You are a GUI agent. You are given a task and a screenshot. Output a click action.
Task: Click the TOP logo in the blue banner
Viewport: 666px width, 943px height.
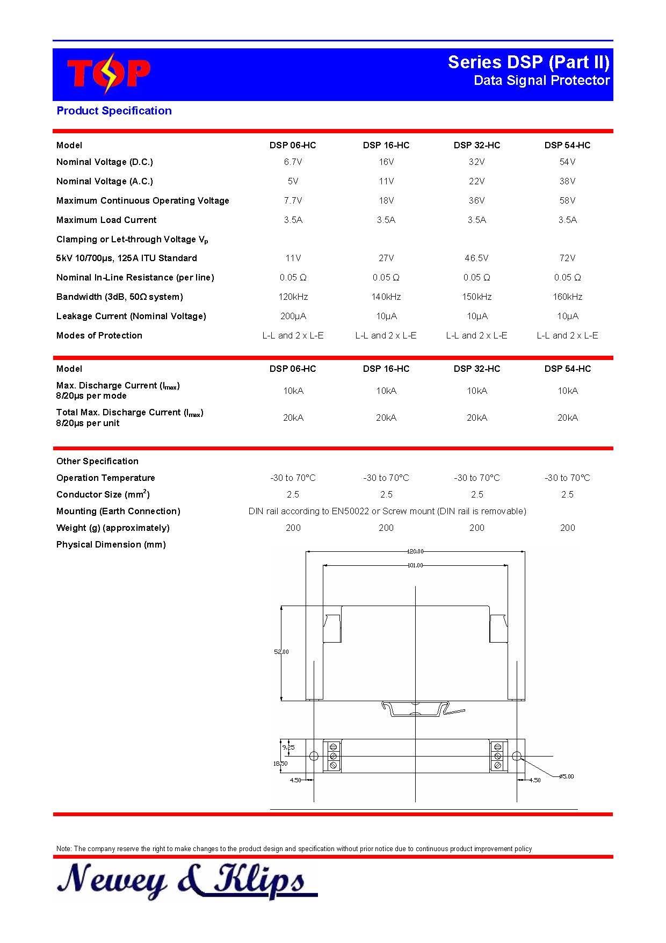pyautogui.click(x=108, y=73)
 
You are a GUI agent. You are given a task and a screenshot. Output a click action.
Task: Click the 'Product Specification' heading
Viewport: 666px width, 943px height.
pyautogui.click(x=114, y=111)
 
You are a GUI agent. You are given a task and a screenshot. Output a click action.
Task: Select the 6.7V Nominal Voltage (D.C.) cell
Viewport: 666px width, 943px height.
pyautogui.click(x=293, y=162)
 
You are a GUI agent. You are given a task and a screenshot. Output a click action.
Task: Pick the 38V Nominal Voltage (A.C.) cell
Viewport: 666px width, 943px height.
pyautogui.click(x=567, y=181)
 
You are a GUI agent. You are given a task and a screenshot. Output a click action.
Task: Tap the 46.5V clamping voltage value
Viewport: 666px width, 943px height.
pyautogui.click(x=476, y=258)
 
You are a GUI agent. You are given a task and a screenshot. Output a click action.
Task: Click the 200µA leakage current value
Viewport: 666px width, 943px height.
pyautogui.click(x=293, y=316)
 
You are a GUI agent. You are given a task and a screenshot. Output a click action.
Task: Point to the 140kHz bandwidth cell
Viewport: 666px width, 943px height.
pyautogui.click(x=386, y=297)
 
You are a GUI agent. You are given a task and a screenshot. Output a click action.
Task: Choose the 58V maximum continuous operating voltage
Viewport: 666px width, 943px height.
pyautogui.click(x=567, y=200)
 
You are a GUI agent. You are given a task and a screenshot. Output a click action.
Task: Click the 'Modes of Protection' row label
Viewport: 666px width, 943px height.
pyautogui.click(x=99, y=335)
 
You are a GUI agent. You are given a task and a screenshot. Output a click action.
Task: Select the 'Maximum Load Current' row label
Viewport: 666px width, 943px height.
pyautogui.click(x=106, y=220)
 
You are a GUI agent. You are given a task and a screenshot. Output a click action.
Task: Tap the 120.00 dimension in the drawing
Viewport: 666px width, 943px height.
pyautogui.click(x=415, y=551)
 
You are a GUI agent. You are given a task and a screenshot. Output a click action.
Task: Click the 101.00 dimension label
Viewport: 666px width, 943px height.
pyautogui.click(x=415, y=565)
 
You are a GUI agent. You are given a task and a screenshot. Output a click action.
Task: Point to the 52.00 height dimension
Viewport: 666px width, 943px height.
pyautogui.click(x=281, y=652)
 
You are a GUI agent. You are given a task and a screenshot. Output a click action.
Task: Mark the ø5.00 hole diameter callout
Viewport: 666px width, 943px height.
pyautogui.click(x=566, y=776)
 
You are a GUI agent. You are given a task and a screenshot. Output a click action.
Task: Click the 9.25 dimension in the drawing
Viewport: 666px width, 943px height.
pyautogui.click(x=288, y=747)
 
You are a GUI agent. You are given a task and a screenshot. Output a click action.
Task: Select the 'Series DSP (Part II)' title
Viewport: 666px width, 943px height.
pyautogui.click(x=529, y=62)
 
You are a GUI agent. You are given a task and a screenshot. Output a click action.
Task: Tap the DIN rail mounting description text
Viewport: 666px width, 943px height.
pyautogui.click(x=387, y=511)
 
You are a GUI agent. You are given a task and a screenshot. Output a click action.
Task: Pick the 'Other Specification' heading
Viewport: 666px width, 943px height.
pyautogui.click(x=97, y=461)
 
